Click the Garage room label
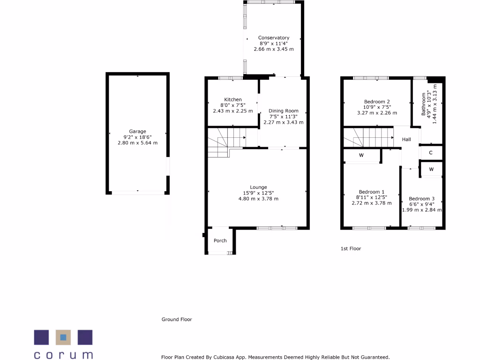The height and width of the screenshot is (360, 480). click(138, 131)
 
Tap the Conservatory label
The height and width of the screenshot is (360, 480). click(274, 37)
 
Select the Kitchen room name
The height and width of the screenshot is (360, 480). click(233, 99)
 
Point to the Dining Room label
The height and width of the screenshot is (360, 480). click(284, 111)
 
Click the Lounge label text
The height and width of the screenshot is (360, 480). click(258, 187)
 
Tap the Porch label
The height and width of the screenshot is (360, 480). click(220, 240)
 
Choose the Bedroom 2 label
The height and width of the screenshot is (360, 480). click(377, 101)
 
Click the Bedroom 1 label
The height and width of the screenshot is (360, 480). click(372, 192)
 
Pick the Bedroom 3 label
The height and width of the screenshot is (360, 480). click(422, 199)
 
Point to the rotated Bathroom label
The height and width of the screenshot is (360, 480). click(424, 104)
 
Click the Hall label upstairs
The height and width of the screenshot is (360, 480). click(406, 139)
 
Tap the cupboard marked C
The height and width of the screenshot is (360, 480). click(431, 153)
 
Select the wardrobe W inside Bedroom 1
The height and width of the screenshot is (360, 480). click(361, 155)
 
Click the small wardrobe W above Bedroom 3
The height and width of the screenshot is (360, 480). click(431, 169)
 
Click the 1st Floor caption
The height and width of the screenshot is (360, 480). click(351, 248)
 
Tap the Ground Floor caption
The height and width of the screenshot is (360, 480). click(177, 319)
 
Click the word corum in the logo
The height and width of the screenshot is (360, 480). click(63, 354)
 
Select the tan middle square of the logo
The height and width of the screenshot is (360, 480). click(63, 337)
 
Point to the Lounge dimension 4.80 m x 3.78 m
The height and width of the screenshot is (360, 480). click(258, 198)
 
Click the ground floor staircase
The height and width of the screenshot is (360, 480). click(226, 140)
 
